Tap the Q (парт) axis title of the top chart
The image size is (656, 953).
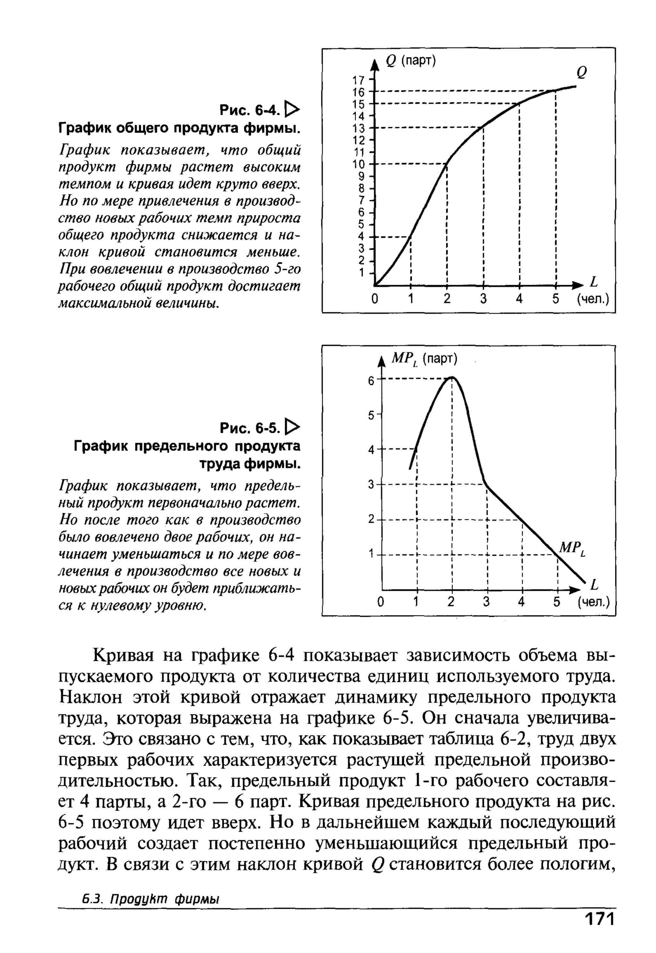click(x=410, y=61)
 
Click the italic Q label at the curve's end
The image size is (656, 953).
click(x=582, y=72)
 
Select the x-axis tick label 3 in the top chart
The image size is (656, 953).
click(x=483, y=299)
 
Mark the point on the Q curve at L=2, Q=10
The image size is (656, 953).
click(x=447, y=164)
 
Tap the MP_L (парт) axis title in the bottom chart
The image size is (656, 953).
click(x=424, y=359)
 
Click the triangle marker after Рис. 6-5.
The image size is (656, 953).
click(x=293, y=428)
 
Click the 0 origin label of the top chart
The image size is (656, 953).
click(x=374, y=299)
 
